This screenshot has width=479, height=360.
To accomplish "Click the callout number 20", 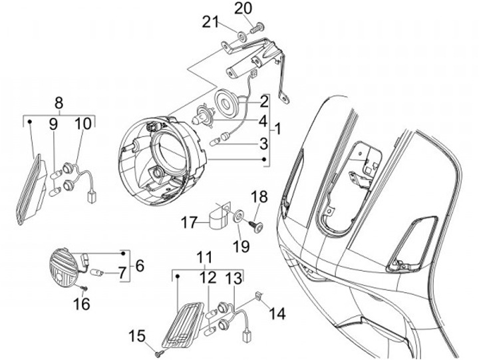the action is point(243,8).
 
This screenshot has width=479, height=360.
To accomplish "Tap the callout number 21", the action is point(211,23).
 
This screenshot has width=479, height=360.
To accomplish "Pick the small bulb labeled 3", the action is point(215,142).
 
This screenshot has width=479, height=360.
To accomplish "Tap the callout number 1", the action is point(277,129).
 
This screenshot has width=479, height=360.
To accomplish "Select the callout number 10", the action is point(82,124).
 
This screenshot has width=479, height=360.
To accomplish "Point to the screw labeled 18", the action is point(255,226).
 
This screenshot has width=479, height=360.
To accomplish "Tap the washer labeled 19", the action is point(238,216).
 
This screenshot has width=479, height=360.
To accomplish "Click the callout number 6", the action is point(140,266).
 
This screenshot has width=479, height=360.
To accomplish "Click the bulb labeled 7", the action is point(98,272).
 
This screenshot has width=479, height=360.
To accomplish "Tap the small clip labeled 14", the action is point(258,295).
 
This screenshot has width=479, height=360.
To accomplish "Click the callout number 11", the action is point(204,258).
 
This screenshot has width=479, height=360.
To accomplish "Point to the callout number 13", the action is point(234,277).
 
